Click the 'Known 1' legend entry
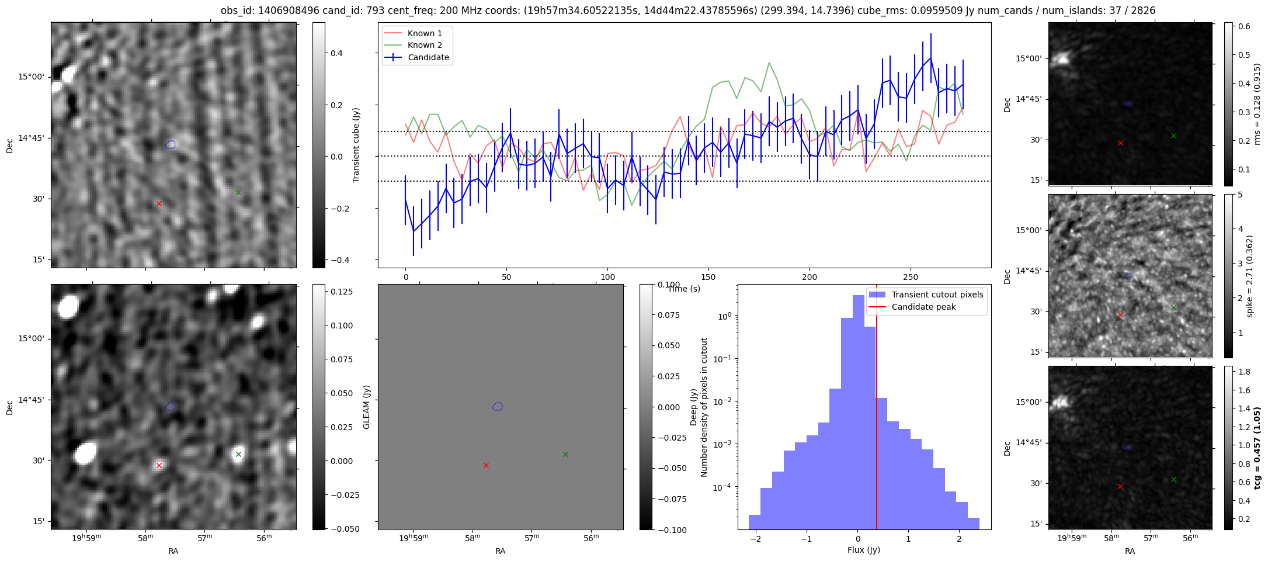point(425,33)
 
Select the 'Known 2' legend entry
point(425,45)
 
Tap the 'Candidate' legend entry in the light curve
point(428,57)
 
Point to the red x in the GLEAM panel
point(486,465)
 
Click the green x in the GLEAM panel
point(565,454)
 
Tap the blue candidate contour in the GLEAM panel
point(498,406)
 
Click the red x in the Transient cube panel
point(159,203)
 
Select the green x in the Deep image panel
point(238,454)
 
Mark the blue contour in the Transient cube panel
point(171,144)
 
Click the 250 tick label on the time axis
point(911,277)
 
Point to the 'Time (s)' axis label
point(684,289)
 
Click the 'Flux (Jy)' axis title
point(864,550)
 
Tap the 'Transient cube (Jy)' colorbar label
point(356,145)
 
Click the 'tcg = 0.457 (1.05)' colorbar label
point(1257,448)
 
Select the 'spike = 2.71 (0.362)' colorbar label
point(1250,276)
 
